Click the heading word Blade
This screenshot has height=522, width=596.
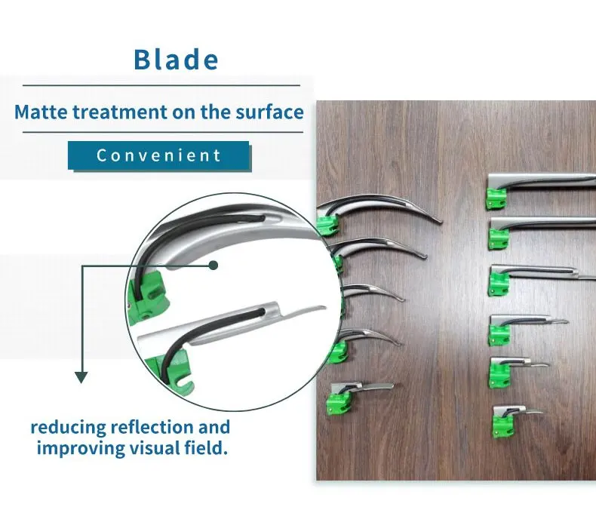click(176, 60)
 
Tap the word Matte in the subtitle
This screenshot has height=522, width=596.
click(41, 112)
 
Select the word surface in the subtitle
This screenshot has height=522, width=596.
click(269, 112)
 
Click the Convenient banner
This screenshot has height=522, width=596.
click(159, 155)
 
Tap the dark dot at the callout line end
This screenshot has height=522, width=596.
click(214, 265)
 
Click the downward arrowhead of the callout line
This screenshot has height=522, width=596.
click(81, 377)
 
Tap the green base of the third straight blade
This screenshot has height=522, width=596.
click(499, 284)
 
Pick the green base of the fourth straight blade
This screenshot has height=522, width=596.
click(499, 335)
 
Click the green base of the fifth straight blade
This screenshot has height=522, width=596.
click(499, 374)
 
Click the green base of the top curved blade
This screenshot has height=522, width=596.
click(327, 225)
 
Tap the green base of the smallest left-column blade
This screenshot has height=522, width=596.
click(337, 404)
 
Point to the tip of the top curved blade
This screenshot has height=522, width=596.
click(441, 222)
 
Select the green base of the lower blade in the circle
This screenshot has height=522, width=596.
click(173, 370)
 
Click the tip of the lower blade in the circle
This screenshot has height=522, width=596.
click(324, 307)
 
